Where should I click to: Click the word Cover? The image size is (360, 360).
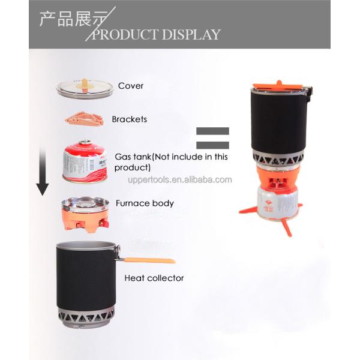pyautogui.click(x=131, y=86)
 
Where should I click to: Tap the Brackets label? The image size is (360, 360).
pyautogui.click(x=130, y=119)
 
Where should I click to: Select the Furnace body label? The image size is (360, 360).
pyautogui.click(x=145, y=203)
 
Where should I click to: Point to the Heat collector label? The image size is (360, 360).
pyautogui.click(x=154, y=278)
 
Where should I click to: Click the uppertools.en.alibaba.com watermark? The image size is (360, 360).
pyautogui.click(x=180, y=179)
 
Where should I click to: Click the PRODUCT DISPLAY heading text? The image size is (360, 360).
pyautogui.click(x=156, y=34)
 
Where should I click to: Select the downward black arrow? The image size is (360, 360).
pyautogui.click(x=43, y=172)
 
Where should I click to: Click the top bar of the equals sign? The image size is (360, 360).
pyautogui.click(x=212, y=131)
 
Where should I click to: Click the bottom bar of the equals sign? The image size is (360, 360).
pyautogui.click(x=212, y=145)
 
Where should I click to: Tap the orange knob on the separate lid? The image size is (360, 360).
pyautogui.click(x=85, y=85)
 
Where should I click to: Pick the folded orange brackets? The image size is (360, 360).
pyautogui.click(x=85, y=118)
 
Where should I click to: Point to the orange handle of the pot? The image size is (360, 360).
pyautogui.click(x=149, y=260)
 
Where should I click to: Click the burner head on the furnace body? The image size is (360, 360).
pyautogui.click(x=85, y=203)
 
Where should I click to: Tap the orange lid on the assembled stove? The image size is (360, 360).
pyautogui.click(x=278, y=85)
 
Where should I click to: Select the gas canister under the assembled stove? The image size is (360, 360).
pyautogui.click(x=278, y=203)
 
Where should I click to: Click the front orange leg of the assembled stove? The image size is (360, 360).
pyautogui.click(x=287, y=227)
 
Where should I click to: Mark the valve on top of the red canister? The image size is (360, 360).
pyautogui.click(x=85, y=142)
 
